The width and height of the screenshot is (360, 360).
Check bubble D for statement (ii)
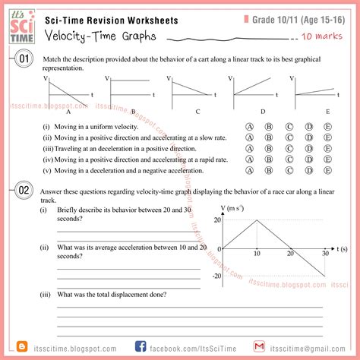tap(308, 138)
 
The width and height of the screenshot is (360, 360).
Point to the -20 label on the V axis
tap(216, 276)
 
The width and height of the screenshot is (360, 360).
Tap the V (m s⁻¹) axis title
tap(233, 207)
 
